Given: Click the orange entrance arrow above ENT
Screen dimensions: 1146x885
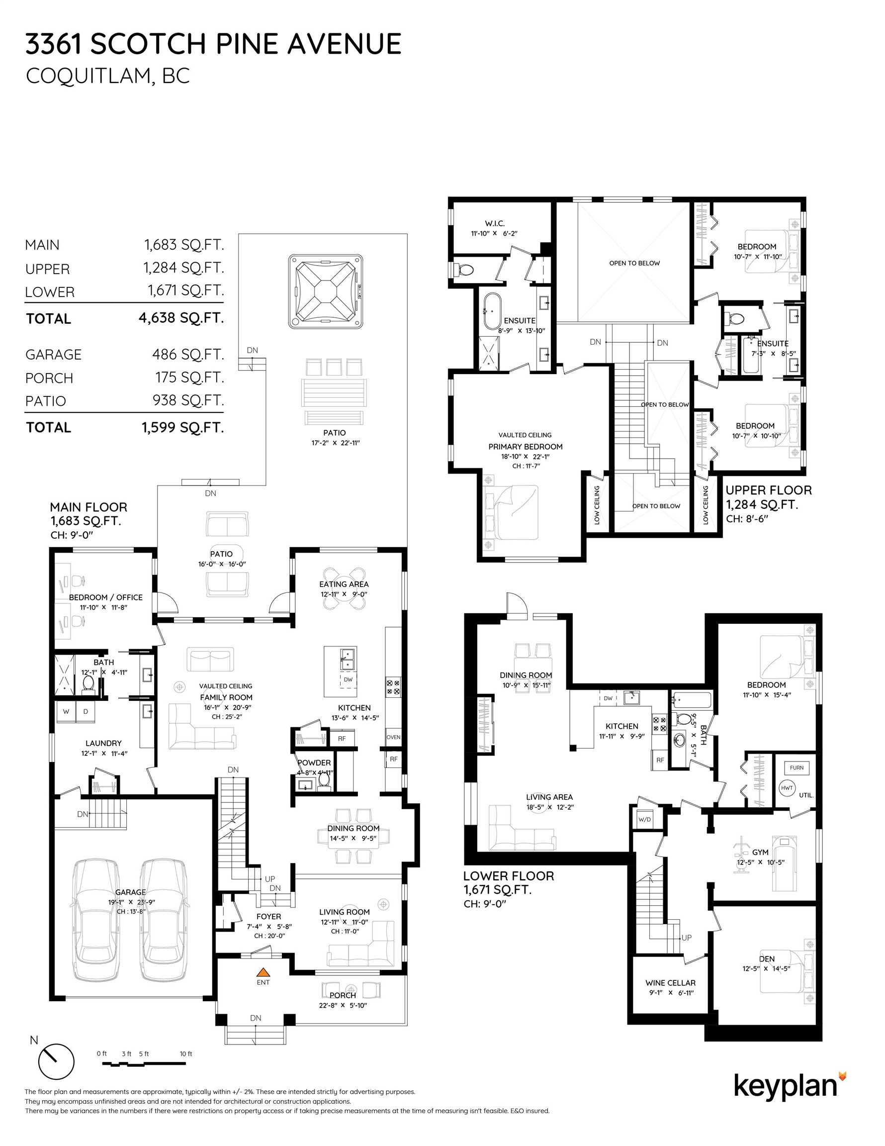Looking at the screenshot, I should click(264, 971).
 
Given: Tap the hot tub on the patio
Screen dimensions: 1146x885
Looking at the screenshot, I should click(325, 290).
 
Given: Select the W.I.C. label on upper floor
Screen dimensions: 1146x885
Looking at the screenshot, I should click(494, 223).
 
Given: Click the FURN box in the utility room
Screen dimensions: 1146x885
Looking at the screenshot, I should click(796, 767).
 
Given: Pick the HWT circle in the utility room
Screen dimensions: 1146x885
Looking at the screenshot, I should click(787, 788).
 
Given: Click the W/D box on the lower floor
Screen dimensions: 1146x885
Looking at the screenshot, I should click(644, 820).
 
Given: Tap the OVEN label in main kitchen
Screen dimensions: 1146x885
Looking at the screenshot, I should click(393, 737).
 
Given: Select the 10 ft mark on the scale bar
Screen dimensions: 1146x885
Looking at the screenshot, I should click(186, 1053).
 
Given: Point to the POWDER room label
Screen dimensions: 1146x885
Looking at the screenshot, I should click(314, 763).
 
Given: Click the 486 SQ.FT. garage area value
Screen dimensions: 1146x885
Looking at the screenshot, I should click(188, 355).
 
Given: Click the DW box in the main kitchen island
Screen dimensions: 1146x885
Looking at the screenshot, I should click(348, 679).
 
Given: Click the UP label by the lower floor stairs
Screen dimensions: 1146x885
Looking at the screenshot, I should click(686, 938).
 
